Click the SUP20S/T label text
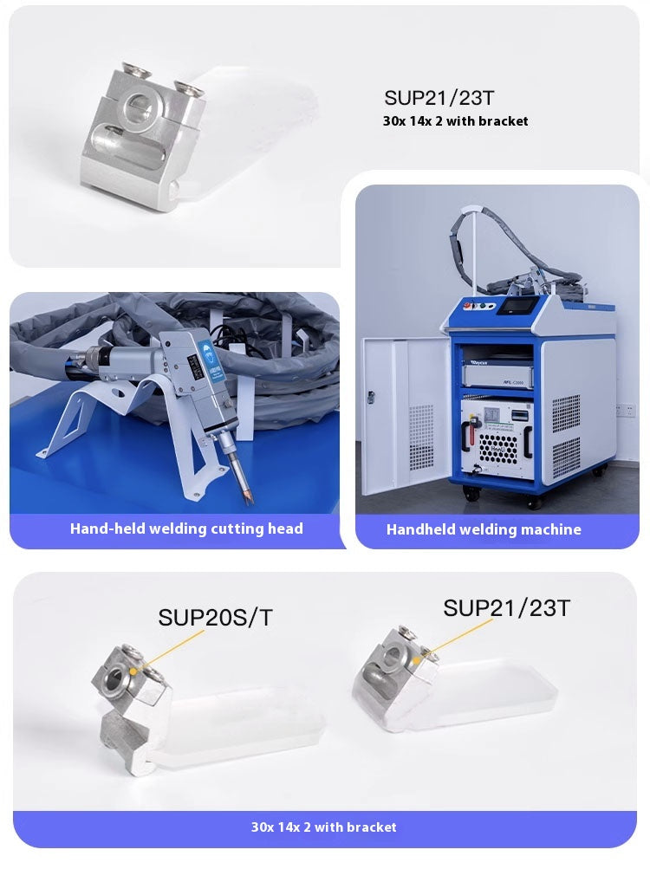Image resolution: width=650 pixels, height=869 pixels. (215, 617)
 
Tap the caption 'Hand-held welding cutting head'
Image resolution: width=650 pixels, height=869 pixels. (186, 528)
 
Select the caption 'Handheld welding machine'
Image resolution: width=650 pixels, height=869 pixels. (484, 529)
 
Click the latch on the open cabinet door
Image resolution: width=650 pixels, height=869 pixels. (371, 397)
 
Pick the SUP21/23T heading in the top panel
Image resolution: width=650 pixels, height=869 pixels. (439, 98)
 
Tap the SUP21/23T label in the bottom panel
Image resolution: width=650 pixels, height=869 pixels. (506, 607)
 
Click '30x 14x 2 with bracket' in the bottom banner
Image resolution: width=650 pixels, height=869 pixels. (324, 827)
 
